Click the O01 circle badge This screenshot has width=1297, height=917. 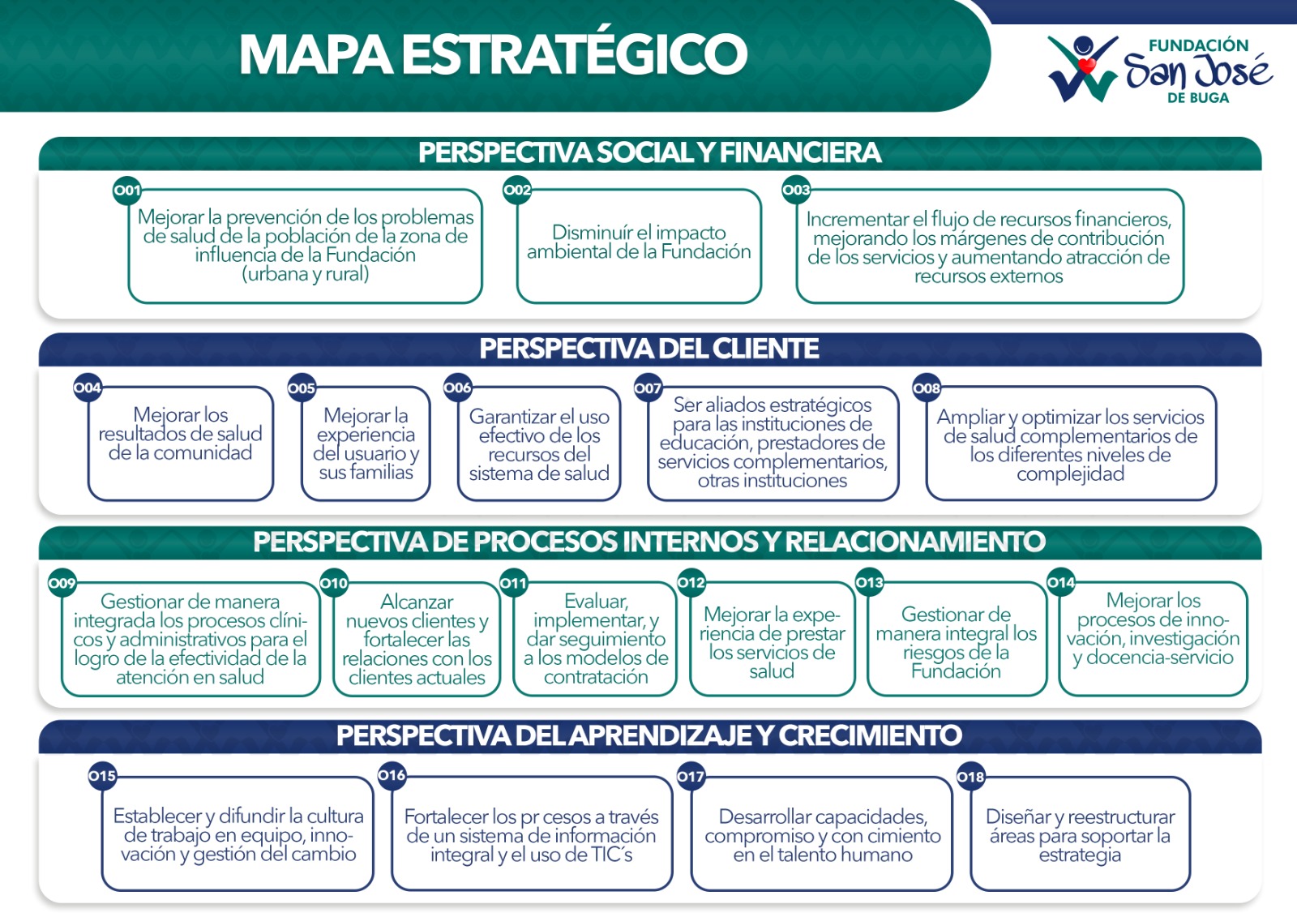[126, 190]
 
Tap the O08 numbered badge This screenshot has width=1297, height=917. [927, 388]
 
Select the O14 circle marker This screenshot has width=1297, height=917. [1061, 582]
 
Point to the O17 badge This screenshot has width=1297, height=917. [691, 776]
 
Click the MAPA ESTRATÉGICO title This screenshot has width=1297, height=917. [494, 54]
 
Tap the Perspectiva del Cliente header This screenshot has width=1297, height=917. [649, 349]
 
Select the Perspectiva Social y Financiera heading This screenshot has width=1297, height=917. [649, 153]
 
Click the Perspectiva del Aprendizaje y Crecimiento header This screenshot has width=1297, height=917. [649, 735]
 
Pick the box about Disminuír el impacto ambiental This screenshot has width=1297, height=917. [639, 246]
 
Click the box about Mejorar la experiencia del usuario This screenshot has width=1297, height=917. [366, 444]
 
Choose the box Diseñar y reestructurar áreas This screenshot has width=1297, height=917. [1081, 833]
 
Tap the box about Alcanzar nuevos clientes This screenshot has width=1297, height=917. [417, 639]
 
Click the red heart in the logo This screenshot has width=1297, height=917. [1086, 65]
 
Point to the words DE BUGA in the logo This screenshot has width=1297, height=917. [1198, 98]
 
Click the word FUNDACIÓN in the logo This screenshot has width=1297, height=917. [1199, 45]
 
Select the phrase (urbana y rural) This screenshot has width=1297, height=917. [305, 273]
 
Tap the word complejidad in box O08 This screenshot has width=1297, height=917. [1071, 473]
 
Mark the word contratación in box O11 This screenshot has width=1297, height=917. [596, 676]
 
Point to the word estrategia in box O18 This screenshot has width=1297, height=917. [1080, 855]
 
